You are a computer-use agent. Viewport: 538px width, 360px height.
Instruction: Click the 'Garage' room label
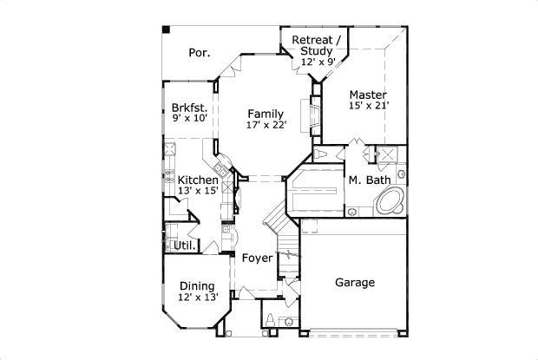pos(354,283)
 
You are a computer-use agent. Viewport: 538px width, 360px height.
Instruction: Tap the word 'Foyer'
pos(257,259)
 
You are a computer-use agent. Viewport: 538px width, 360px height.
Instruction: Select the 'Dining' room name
pos(197,286)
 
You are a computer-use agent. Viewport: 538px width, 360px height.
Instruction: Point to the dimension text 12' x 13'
pos(197,298)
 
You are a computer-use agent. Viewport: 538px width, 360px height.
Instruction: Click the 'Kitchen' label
pos(198,180)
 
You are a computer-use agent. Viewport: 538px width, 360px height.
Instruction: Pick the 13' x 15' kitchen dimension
pos(198,191)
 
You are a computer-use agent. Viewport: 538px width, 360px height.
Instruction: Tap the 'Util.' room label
pos(183,245)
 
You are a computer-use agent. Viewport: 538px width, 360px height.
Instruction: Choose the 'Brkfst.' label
pos(189,108)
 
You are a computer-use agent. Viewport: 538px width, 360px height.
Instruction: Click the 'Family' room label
pos(265,114)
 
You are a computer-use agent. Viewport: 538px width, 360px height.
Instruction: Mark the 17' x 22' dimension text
pos(265,126)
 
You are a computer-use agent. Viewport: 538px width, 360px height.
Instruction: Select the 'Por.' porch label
pos(200,53)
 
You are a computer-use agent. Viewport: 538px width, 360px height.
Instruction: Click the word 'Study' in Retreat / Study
pos(317,51)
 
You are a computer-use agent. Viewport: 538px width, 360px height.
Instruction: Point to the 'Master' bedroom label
pos(368,95)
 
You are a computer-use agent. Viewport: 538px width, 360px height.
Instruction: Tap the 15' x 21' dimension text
pos(368,106)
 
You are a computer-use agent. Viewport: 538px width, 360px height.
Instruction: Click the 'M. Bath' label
pos(367,180)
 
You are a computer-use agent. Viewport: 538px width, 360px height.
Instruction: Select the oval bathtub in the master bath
pos(389,202)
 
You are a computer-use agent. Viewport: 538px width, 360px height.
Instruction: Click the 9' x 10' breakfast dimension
pos(189,119)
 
